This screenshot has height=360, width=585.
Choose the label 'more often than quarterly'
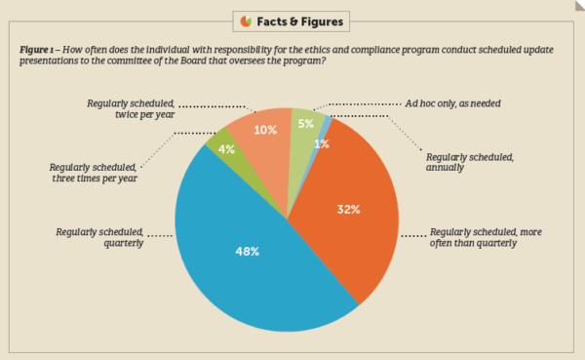pyautogui.click(x=484, y=240)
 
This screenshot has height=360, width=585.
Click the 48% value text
pyautogui.click(x=247, y=251)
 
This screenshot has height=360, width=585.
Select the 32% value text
pyautogui.click(x=349, y=208)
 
